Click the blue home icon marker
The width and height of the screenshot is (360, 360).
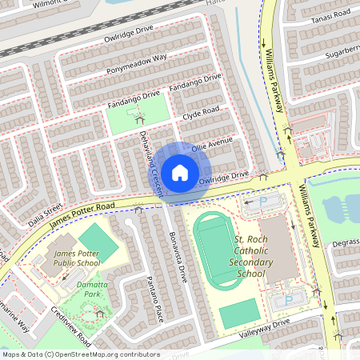[180, 172]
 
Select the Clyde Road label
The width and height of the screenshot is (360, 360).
[201, 115]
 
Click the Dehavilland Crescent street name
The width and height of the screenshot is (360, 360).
[151, 160]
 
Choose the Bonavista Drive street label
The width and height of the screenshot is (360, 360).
[178, 257]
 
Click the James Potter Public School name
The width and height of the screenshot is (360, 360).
[78, 258]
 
